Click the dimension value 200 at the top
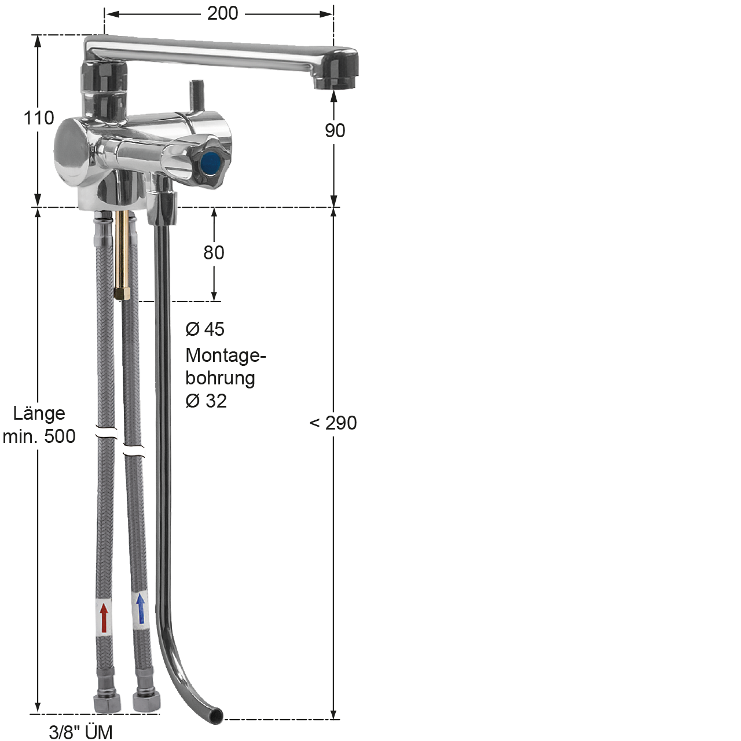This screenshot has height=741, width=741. coord(223,14)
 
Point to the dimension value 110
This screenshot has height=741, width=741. coord(39,118)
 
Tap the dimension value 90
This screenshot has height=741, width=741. coord(335,131)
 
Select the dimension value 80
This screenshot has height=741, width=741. coord(214,252)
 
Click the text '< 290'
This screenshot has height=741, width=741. coord(333,423)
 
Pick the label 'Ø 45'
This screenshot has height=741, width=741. coord(205,329)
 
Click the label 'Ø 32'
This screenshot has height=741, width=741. coord(206,401)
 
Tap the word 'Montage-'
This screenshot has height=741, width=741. coord(226,355)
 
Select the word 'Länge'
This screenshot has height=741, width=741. coord(39,413)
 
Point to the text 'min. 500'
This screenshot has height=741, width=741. coord(39,436)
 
